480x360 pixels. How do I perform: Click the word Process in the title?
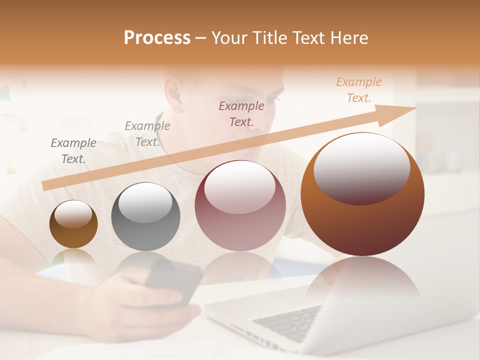(x=157, y=38)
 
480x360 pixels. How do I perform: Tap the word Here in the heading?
(x=349, y=38)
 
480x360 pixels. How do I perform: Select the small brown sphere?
(x=73, y=224)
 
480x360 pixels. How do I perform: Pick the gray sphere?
(x=145, y=216)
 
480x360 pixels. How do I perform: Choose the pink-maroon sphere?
(x=240, y=205)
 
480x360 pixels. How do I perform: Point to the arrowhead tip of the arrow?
(x=415, y=108)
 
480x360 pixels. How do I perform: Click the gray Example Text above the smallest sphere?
(x=73, y=151)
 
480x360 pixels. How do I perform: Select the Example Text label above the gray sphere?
(x=147, y=134)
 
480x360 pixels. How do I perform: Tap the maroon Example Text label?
(x=241, y=113)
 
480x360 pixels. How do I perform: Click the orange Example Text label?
(x=358, y=90)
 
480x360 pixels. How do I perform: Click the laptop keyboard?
(x=290, y=325)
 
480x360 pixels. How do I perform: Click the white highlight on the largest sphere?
(x=361, y=167)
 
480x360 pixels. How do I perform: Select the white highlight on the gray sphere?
(x=145, y=202)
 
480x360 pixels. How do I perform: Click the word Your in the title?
(x=230, y=38)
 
